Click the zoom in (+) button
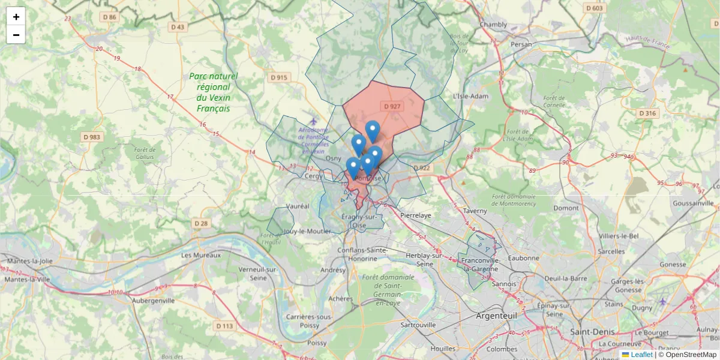click(x=16, y=17)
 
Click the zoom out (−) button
click(x=16, y=35)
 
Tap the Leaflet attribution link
click(x=641, y=355)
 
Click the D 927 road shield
click(x=392, y=106)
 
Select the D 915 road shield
click(x=279, y=77)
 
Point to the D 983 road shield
click(x=92, y=137)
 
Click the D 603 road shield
click(x=593, y=8)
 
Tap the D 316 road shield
click(x=648, y=113)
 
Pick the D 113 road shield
click(x=224, y=326)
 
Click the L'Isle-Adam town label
click(x=471, y=96)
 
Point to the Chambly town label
click(x=493, y=25)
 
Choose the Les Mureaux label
click(x=201, y=254)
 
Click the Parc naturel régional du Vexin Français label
click(x=213, y=92)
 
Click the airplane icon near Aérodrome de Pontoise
click(x=313, y=122)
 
